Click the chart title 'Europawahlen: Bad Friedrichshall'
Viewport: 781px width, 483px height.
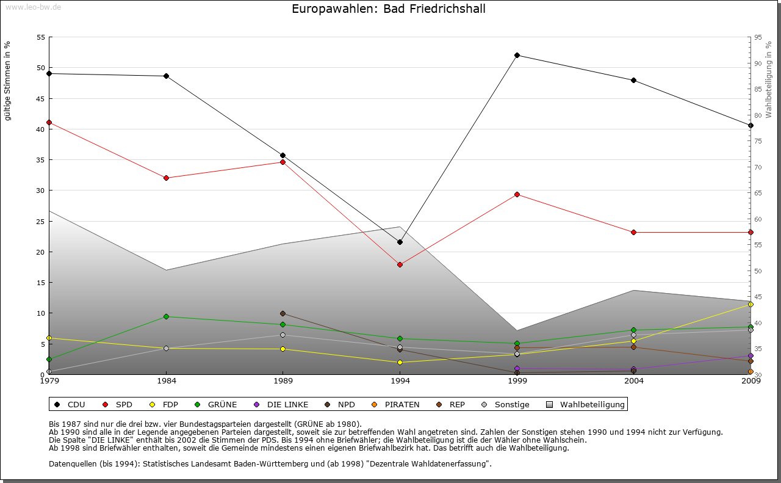tap(389, 9)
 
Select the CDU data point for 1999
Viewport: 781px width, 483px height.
tap(517, 56)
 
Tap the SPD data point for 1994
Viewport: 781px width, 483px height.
tap(400, 264)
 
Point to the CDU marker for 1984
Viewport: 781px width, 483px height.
tap(166, 76)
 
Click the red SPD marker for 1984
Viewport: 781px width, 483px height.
tap(166, 178)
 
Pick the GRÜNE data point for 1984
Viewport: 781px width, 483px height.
tap(166, 316)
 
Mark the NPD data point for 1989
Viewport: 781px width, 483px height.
tap(283, 314)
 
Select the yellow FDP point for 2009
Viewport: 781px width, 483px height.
tap(750, 304)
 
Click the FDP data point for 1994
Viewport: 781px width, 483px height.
tap(400, 362)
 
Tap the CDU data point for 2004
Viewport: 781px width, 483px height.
tap(633, 80)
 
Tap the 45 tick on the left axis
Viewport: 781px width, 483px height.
tap(41, 98)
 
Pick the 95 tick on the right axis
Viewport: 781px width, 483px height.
tap(758, 37)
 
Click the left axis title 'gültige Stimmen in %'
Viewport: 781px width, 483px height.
tap(8, 81)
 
